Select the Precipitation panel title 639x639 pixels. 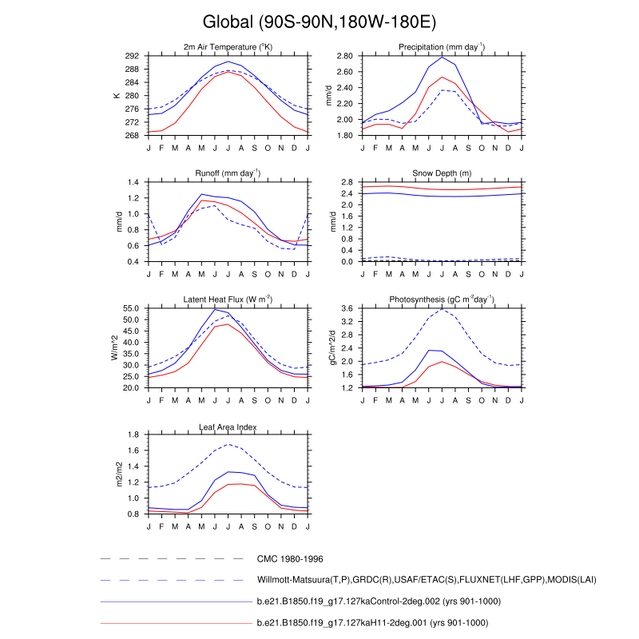click(442, 48)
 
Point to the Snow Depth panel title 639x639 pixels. click(442, 173)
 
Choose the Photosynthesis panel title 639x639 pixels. click(442, 300)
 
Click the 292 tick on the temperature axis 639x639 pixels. click(133, 56)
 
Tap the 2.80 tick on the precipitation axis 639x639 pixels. click(344, 56)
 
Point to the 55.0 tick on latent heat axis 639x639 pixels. click(131, 308)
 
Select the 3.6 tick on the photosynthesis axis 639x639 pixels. click(348, 308)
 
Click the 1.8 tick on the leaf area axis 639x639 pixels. click(134, 435)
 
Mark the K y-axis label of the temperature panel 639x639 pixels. click(117, 96)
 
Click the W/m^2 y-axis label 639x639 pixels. click(114, 347)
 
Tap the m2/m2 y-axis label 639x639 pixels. click(119, 474)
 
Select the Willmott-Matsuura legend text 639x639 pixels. click(427, 579)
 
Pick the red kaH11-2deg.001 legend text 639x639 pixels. click(372, 622)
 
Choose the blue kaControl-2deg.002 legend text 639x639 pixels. click(377, 601)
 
